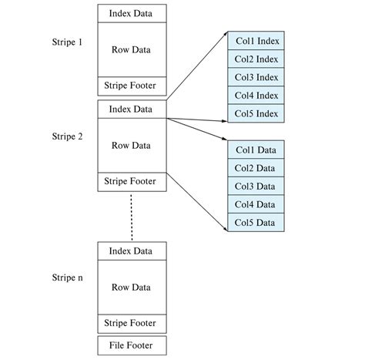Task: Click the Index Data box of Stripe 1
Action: pos(131,13)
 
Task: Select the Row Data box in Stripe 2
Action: pos(131,145)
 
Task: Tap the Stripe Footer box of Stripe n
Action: pos(131,323)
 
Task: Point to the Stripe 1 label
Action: pos(67,42)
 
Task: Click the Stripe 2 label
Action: pos(67,136)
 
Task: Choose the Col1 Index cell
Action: pos(256,40)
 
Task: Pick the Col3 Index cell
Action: pos(256,77)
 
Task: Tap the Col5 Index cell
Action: pos(256,114)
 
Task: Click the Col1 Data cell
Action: pos(256,149)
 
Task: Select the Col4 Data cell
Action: pos(256,204)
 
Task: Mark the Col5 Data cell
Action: pos(256,223)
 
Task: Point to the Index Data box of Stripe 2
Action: pos(131,109)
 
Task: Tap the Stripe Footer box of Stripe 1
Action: pos(131,86)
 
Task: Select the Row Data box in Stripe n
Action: pos(131,287)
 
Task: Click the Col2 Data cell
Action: pos(256,167)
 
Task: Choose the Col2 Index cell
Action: pos(256,59)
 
